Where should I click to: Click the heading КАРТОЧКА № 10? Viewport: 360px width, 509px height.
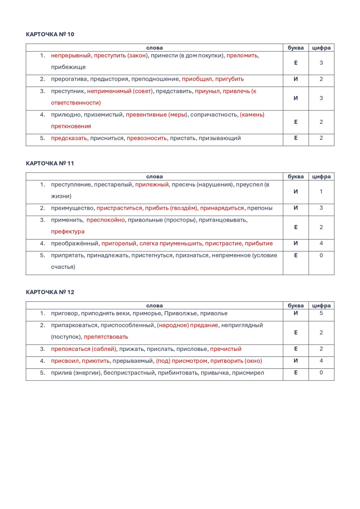coord(50,34)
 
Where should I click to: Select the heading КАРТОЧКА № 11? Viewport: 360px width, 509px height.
coord(50,163)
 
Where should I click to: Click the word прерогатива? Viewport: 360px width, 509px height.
coord(69,79)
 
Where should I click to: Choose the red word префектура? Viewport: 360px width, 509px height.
coord(68,232)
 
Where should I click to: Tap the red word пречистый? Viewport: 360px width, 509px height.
coord(226,349)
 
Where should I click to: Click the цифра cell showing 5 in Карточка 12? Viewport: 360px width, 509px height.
coord(321,314)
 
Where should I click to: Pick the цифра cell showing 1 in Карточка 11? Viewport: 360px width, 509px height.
coord(321,191)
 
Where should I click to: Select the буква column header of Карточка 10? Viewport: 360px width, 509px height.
coord(296,48)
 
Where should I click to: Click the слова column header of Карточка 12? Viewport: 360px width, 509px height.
coord(154,306)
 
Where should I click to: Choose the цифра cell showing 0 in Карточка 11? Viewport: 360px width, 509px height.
coord(321,255)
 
